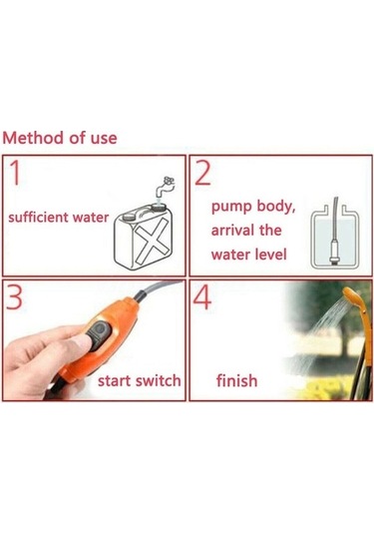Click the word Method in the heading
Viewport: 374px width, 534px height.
33,138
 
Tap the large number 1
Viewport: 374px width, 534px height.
15,173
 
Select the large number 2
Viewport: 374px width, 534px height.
202,173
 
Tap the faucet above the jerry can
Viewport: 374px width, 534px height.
165,187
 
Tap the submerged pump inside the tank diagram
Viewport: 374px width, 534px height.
335,252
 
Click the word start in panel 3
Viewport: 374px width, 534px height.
114,380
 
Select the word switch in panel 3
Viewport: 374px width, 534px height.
157,380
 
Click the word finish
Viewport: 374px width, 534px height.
236,380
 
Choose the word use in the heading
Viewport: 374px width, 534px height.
104,139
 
